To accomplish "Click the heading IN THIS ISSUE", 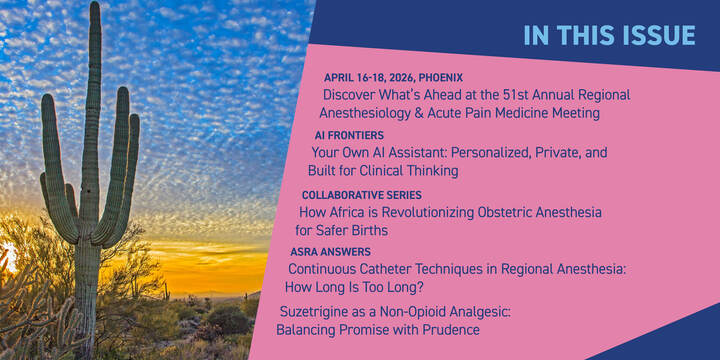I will [609, 35].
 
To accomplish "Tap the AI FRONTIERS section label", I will [349, 135].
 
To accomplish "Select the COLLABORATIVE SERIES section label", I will [361, 195].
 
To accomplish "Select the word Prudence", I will [449, 329].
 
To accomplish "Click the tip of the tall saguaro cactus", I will [94, 8].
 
